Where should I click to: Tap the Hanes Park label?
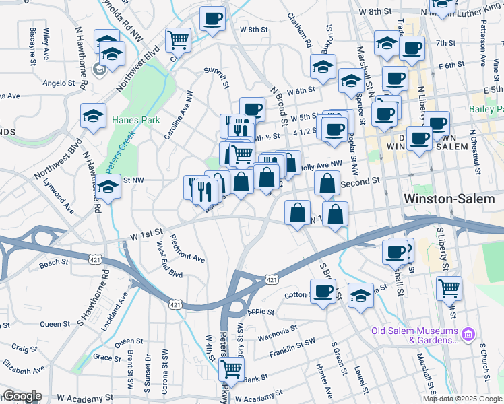click(x=135, y=120)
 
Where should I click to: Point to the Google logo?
click(x=22, y=396)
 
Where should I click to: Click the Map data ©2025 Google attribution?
click(x=463, y=398)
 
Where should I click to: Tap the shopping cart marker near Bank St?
click(x=232, y=368)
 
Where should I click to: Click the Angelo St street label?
click(x=59, y=83)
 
